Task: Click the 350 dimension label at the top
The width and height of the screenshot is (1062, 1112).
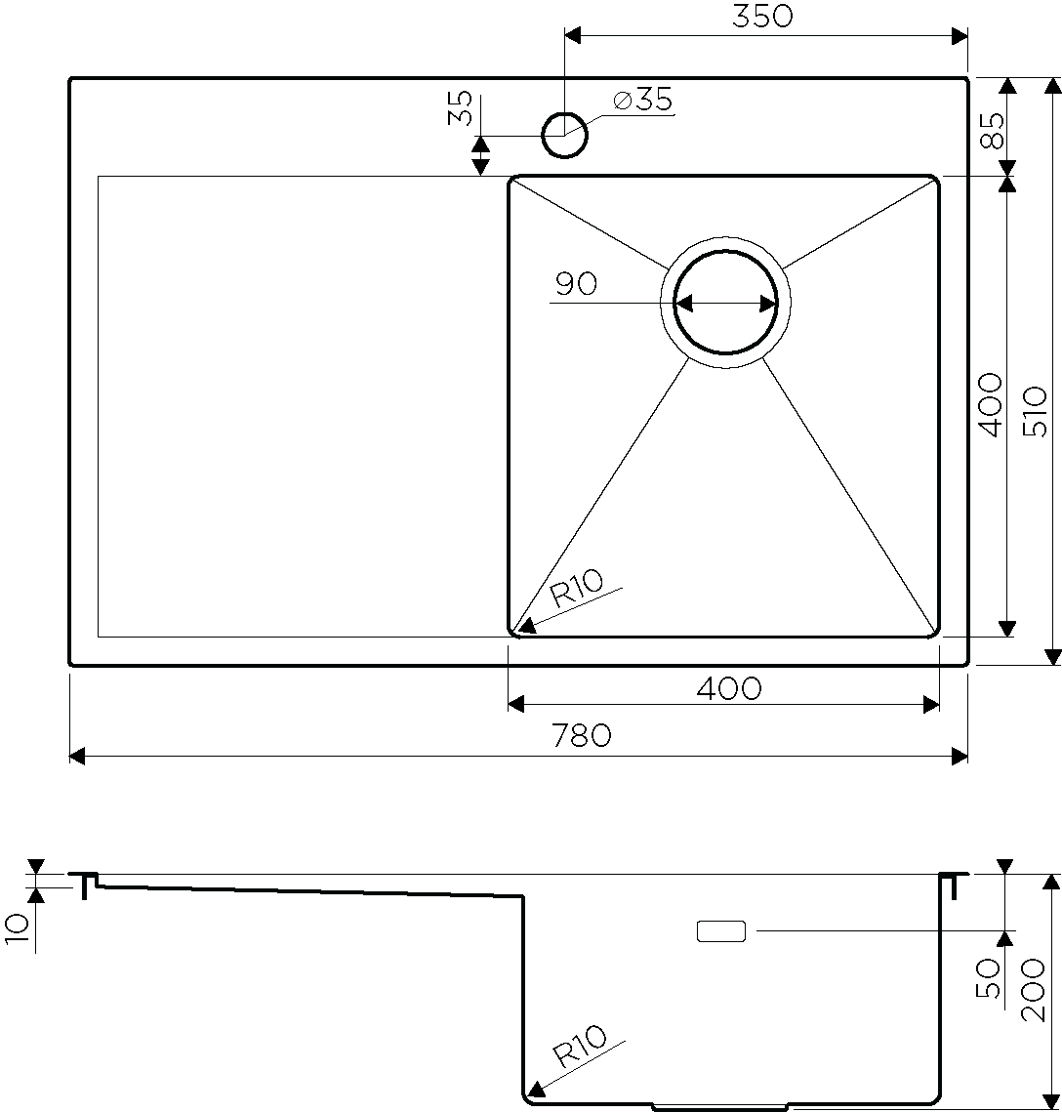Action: click(762, 16)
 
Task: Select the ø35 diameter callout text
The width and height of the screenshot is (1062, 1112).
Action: click(643, 100)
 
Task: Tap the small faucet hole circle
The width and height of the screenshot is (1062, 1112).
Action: click(565, 135)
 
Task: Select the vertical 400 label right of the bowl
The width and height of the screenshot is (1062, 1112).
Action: click(991, 406)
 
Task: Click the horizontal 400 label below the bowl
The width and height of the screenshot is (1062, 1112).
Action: click(729, 688)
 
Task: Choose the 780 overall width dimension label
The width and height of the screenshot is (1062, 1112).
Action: click(581, 735)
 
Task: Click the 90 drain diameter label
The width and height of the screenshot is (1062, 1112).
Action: click(576, 284)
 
